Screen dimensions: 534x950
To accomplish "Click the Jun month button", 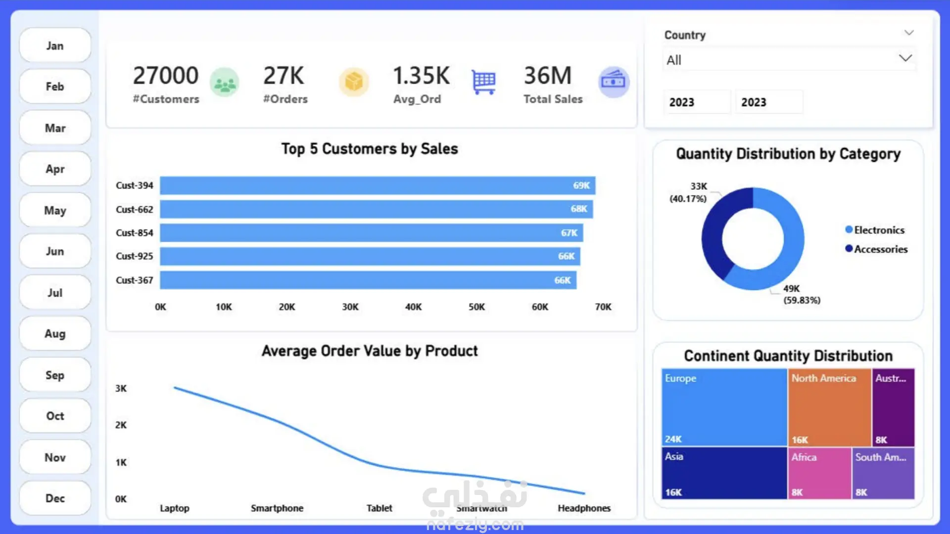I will coord(55,251).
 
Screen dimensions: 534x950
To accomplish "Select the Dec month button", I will coord(55,498).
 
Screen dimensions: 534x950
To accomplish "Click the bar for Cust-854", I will coord(371,233).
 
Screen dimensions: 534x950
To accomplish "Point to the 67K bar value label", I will coord(569,233).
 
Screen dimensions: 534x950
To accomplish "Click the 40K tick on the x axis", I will coord(413,307).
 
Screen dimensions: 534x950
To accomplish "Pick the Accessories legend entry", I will coord(876,249).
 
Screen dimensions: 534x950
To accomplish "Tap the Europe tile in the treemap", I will coord(724,407).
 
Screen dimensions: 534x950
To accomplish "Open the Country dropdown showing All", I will coord(789,59).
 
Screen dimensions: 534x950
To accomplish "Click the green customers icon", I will coord(225,82).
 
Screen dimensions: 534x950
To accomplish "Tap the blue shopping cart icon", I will coord(483,82).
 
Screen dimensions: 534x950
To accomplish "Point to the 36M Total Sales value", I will coord(548,76).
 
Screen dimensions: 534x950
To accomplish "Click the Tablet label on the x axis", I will coord(379,508).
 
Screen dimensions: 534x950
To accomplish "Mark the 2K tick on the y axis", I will coord(121,425).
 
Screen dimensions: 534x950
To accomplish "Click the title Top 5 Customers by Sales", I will coord(370,149).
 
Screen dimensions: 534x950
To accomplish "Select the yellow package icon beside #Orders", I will coord(354,82).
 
